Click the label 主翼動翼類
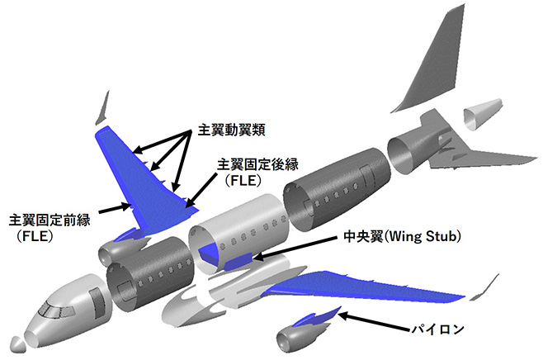tap(234, 131)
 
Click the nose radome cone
tap(17, 339)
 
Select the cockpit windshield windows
tap(52, 311)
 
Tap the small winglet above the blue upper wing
tap(103, 108)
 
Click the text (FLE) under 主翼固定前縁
tap(34, 235)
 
